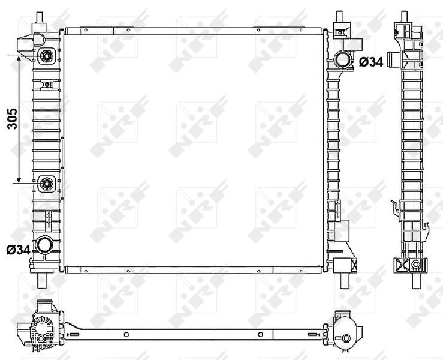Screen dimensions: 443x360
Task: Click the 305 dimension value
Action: (12, 119)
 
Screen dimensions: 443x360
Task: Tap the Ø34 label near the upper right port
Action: (371, 62)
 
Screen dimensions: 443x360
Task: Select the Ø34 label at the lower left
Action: (19, 250)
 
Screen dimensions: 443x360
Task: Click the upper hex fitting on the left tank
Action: (46, 56)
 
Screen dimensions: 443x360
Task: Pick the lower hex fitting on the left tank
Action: (47, 184)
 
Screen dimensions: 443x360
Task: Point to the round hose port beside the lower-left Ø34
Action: (44, 245)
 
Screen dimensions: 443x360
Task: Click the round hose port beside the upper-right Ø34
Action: (342, 59)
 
